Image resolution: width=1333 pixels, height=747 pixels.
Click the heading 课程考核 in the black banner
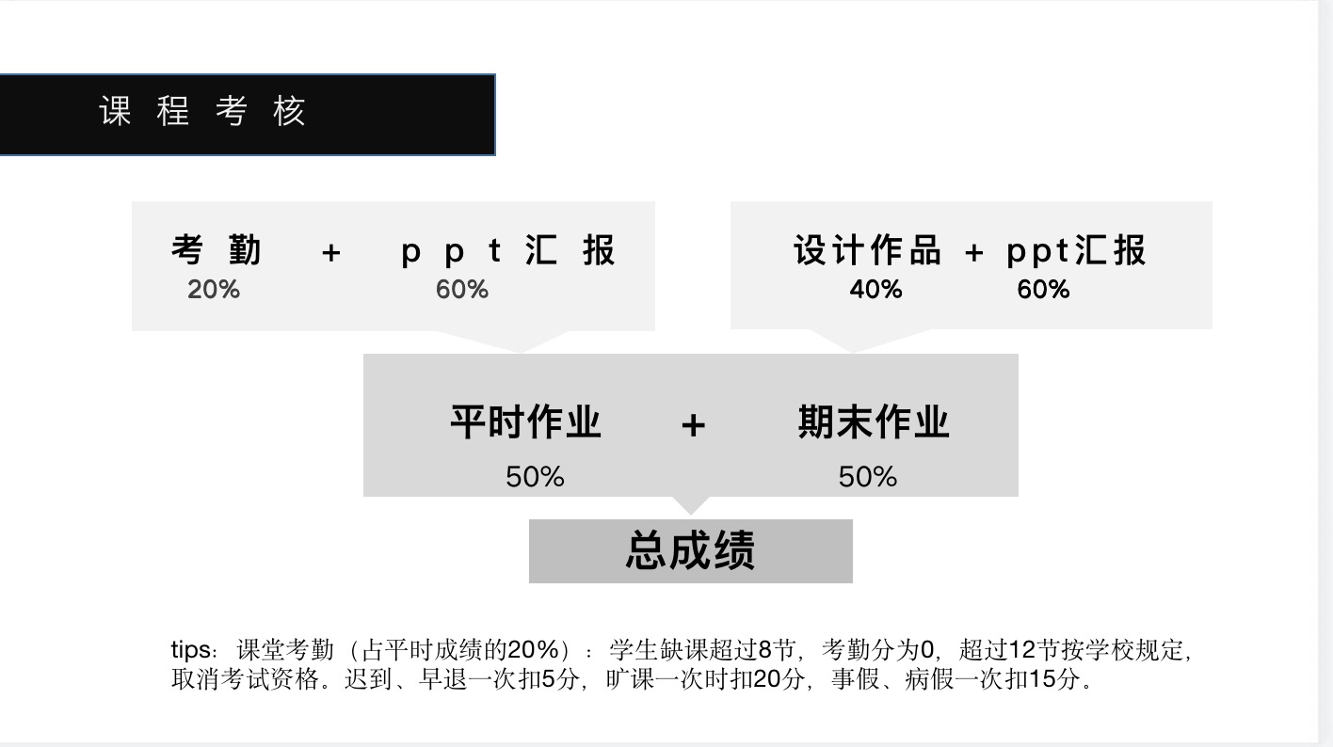tap(202, 112)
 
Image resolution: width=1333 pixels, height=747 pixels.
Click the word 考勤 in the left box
tap(216, 251)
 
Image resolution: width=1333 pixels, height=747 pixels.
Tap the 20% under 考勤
tap(214, 290)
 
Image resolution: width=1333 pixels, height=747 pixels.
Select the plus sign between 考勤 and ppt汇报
tap(330, 252)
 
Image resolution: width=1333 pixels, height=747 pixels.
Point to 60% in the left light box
tap(461, 290)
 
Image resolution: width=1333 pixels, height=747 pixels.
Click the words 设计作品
tap(866, 251)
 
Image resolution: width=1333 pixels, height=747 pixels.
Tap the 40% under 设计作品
tap(875, 290)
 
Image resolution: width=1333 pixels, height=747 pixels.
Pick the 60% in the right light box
tap(1043, 290)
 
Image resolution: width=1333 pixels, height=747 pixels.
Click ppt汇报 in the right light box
tap(1076, 251)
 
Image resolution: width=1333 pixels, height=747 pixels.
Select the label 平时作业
tap(525, 421)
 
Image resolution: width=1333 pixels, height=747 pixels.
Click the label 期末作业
tap(874, 421)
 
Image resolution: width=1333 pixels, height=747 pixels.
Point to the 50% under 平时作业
tap(535, 477)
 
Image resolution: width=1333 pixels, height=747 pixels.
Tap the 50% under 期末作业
tap(868, 477)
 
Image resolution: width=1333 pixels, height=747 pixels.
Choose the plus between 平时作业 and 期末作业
tap(693, 425)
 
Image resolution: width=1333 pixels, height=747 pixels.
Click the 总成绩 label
tap(690, 551)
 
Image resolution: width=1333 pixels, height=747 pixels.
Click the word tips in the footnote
tap(191, 650)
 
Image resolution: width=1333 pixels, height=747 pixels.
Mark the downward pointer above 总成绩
tap(691, 505)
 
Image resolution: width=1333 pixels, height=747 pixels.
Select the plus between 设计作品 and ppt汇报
tap(974, 252)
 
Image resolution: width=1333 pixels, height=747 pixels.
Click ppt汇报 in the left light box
tap(508, 251)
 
